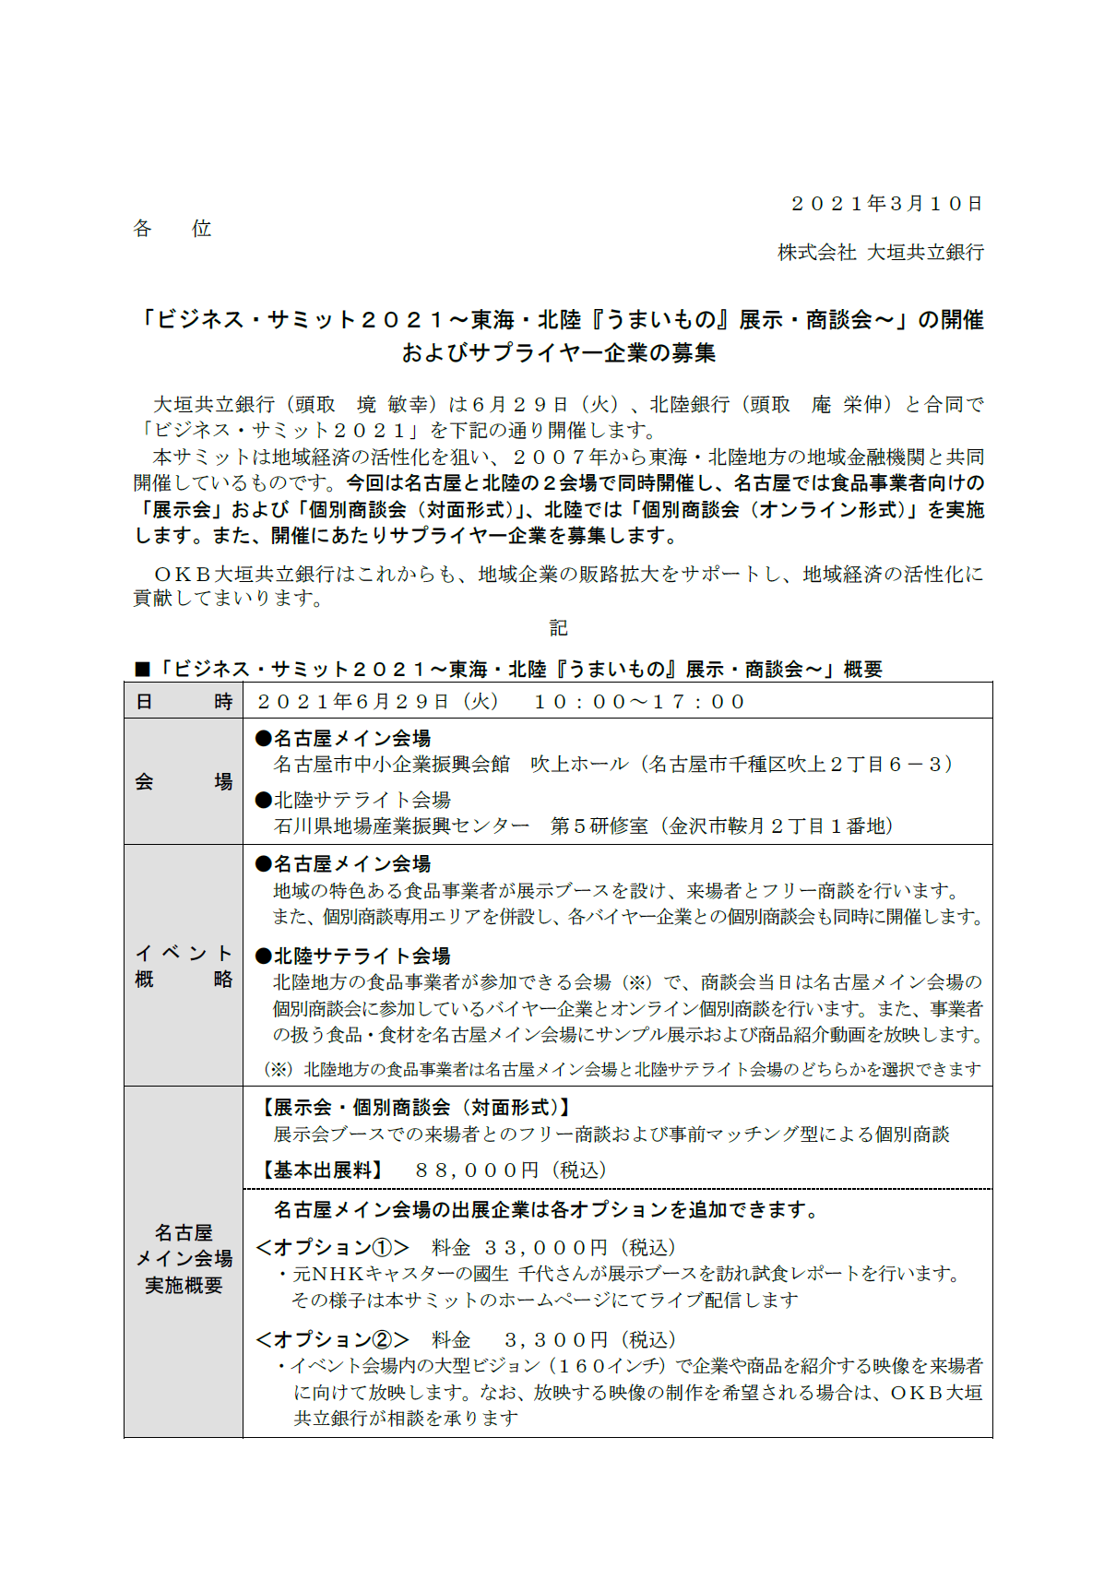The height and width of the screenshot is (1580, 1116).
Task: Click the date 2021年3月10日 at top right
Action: pos(886,204)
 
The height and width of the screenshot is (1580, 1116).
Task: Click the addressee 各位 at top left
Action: pos(172,229)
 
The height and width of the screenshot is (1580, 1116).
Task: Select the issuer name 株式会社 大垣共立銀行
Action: pos(881,253)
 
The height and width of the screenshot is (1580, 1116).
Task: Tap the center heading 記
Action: pos(558,628)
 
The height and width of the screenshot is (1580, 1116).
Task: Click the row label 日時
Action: pos(184,702)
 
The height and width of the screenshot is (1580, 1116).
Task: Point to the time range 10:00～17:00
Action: pos(639,702)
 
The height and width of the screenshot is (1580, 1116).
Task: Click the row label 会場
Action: pos(184,782)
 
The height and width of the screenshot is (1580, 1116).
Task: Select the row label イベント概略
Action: pos(184,966)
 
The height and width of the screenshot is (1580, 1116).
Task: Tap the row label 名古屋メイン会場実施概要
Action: pos(184,1259)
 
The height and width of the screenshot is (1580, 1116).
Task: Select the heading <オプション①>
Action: pos(333,1248)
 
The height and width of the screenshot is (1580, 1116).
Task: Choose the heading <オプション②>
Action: pos(333,1339)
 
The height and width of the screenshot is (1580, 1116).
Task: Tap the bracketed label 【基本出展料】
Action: pos(320,1170)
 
